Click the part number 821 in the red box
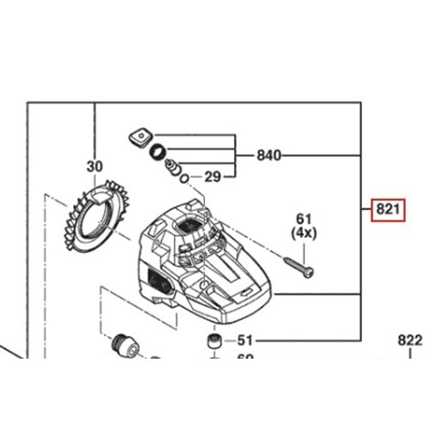(x=385, y=210)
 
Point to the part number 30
(x=94, y=166)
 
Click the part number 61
(x=304, y=220)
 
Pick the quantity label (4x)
(x=304, y=233)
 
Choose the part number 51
(x=246, y=339)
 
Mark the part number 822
(x=410, y=340)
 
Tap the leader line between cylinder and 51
(x=226, y=339)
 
